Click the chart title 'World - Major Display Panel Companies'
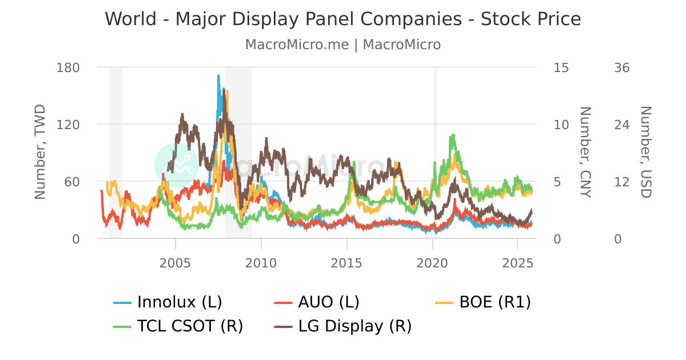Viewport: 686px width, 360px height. [x=343, y=19]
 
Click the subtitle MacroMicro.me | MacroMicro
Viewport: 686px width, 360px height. [x=343, y=45]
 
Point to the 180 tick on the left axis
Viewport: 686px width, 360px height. [x=68, y=67]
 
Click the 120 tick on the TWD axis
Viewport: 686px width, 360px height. [x=68, y=125]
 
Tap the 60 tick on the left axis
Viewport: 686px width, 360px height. [x=71, y=182]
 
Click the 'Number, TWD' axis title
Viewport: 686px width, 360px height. [x=40, y=152]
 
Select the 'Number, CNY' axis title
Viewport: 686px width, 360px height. [x=584, y=152]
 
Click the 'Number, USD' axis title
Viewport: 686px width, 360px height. [x=645, y=152]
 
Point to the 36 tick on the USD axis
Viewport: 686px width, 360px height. [x=621, y=67]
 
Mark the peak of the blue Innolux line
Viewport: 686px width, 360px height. [x=218, y=75]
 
